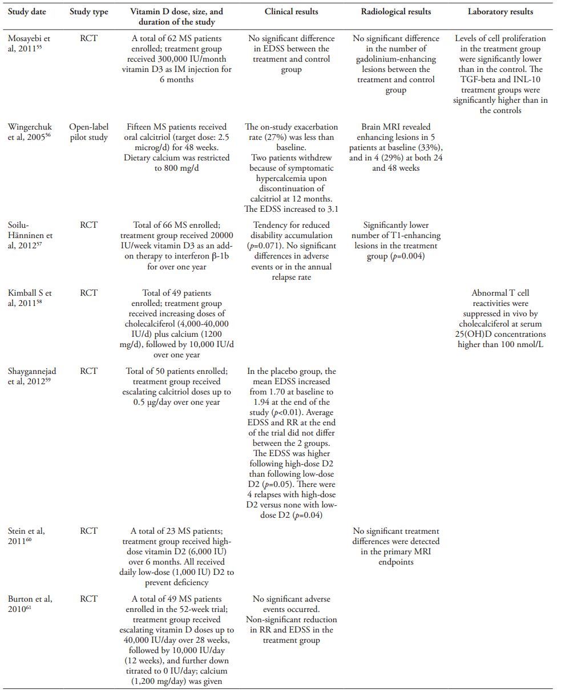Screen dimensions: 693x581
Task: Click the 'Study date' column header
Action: coord(27,11)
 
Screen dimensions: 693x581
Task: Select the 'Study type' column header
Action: coord(88,11)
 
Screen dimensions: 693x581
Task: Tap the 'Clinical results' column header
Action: coord(291,11)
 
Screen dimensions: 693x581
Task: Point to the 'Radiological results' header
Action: coord(396,11)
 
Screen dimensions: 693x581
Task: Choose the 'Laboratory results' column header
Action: coord(500,11)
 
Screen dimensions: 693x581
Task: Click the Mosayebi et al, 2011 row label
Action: coord(29,43)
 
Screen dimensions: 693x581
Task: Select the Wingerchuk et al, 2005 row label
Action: coord(30,132)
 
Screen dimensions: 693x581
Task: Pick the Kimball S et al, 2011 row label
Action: coord(29,298)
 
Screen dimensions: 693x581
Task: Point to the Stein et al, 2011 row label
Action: coord(26,536)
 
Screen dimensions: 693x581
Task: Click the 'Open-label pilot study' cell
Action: coord(88,132)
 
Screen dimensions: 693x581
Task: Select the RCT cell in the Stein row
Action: coord(88,531)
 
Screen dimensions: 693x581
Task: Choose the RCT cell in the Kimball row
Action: coord(88,293)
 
